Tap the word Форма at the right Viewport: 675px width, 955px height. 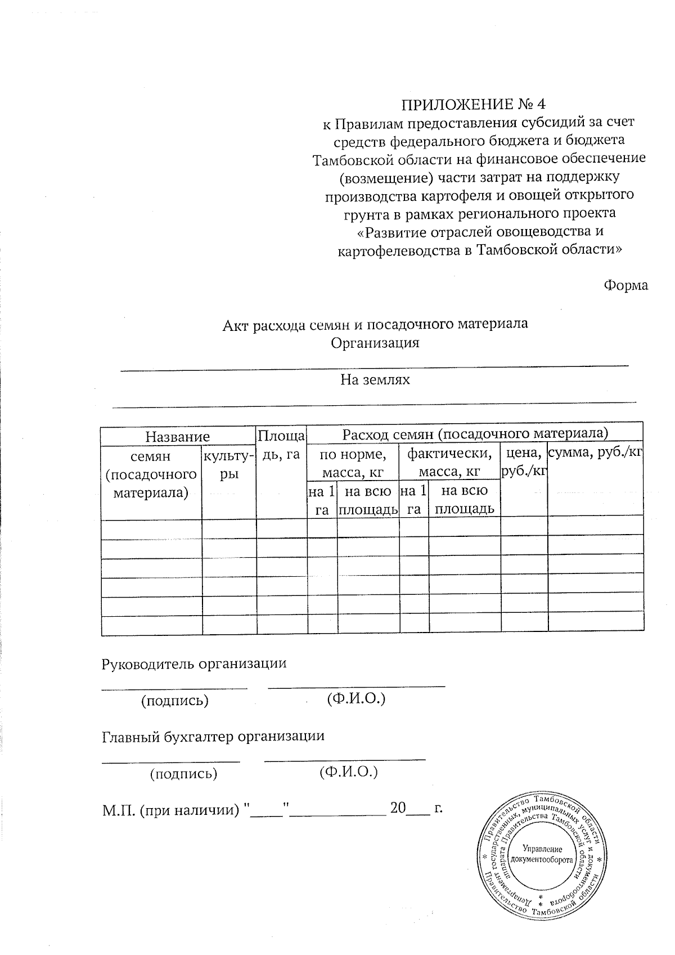(x=625, y=285)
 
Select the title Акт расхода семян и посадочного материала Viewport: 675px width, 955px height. (x=375, y=324)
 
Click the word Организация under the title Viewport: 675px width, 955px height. (x=375, y=343)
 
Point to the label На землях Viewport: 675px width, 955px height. (x=375, y=379)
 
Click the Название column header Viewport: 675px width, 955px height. (x=178, y=436)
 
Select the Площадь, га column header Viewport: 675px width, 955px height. (x=281, y=445)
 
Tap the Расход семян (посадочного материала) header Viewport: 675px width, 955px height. (x=475, y=433)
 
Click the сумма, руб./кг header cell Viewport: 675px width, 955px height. (x=596, y=452)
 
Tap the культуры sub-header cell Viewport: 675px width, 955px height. (x=229, y=464)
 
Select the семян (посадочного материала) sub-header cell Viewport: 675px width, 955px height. (x=151, y=474)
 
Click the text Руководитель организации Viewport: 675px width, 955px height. (x=193, y=663)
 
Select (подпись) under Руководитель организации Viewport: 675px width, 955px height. (x=175, y=700)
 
